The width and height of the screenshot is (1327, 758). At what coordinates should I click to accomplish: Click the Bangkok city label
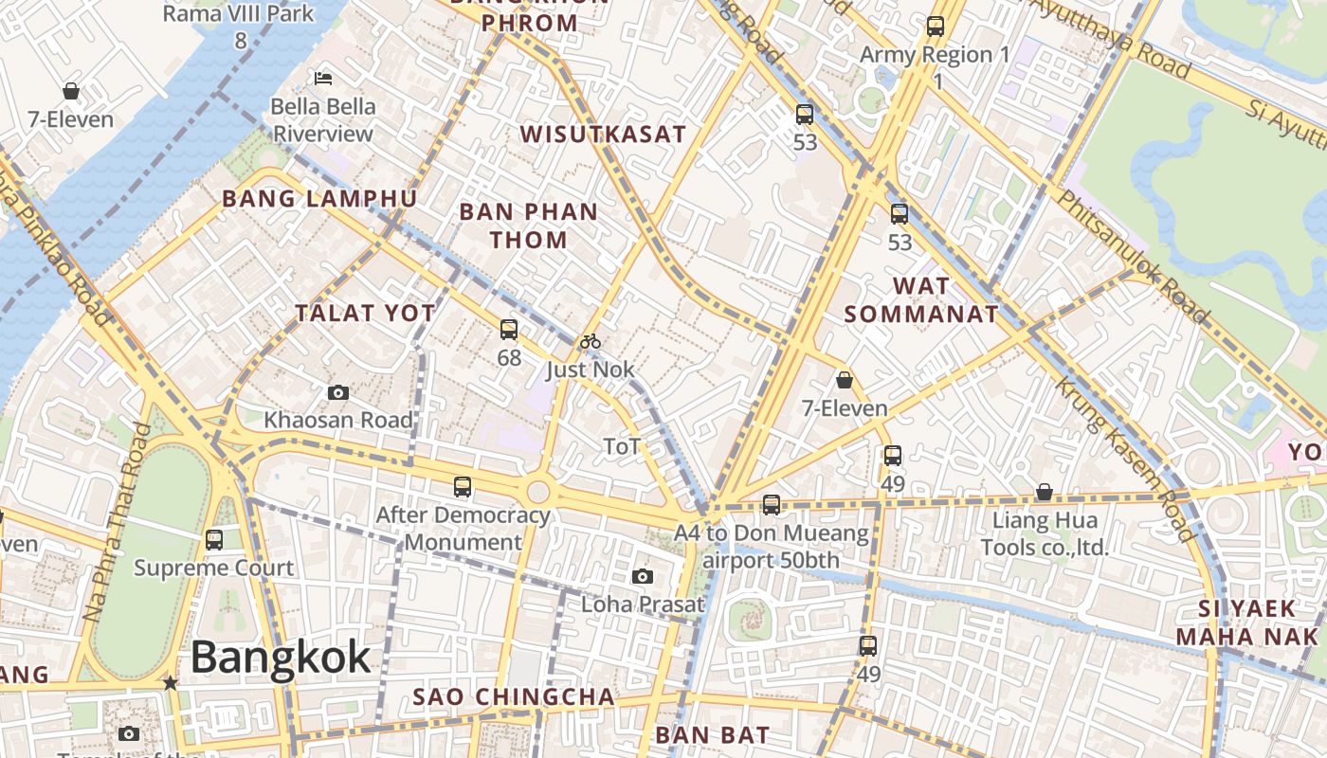coord(281,658)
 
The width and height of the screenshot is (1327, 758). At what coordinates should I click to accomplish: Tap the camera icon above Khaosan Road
coord(337,392)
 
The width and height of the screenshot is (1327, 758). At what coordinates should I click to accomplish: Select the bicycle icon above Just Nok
coord(591,341)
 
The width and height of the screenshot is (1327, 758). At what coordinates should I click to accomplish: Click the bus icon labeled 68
coord(509,330)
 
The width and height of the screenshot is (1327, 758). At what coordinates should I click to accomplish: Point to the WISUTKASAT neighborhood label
coord(603,134)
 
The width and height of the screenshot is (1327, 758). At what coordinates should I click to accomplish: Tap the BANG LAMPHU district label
coord(319,199)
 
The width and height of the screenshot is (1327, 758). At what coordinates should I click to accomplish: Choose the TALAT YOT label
coord(365,314)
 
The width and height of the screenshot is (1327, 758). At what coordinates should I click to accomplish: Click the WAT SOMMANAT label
coord(921,299)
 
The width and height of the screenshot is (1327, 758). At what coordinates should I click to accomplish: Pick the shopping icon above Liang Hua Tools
coord(1044,492)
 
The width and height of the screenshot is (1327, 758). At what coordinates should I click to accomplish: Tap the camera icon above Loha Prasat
coord(643,576)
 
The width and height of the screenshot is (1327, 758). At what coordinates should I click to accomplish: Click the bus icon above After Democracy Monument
coord(463,487)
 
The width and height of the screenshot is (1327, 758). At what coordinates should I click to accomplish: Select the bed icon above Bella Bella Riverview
coord(323,78)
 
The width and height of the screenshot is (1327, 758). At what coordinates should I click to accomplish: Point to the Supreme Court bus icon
coord(214,540)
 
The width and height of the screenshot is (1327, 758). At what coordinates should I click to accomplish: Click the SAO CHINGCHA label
coord(514,697)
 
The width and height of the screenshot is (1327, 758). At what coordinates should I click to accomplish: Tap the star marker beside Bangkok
coord(171,683)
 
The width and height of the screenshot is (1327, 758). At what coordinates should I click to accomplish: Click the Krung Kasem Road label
coord(1126,458)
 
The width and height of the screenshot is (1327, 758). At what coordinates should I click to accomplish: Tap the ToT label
coord(622,446)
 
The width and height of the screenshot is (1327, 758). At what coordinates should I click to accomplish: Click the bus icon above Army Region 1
coord(936,27)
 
